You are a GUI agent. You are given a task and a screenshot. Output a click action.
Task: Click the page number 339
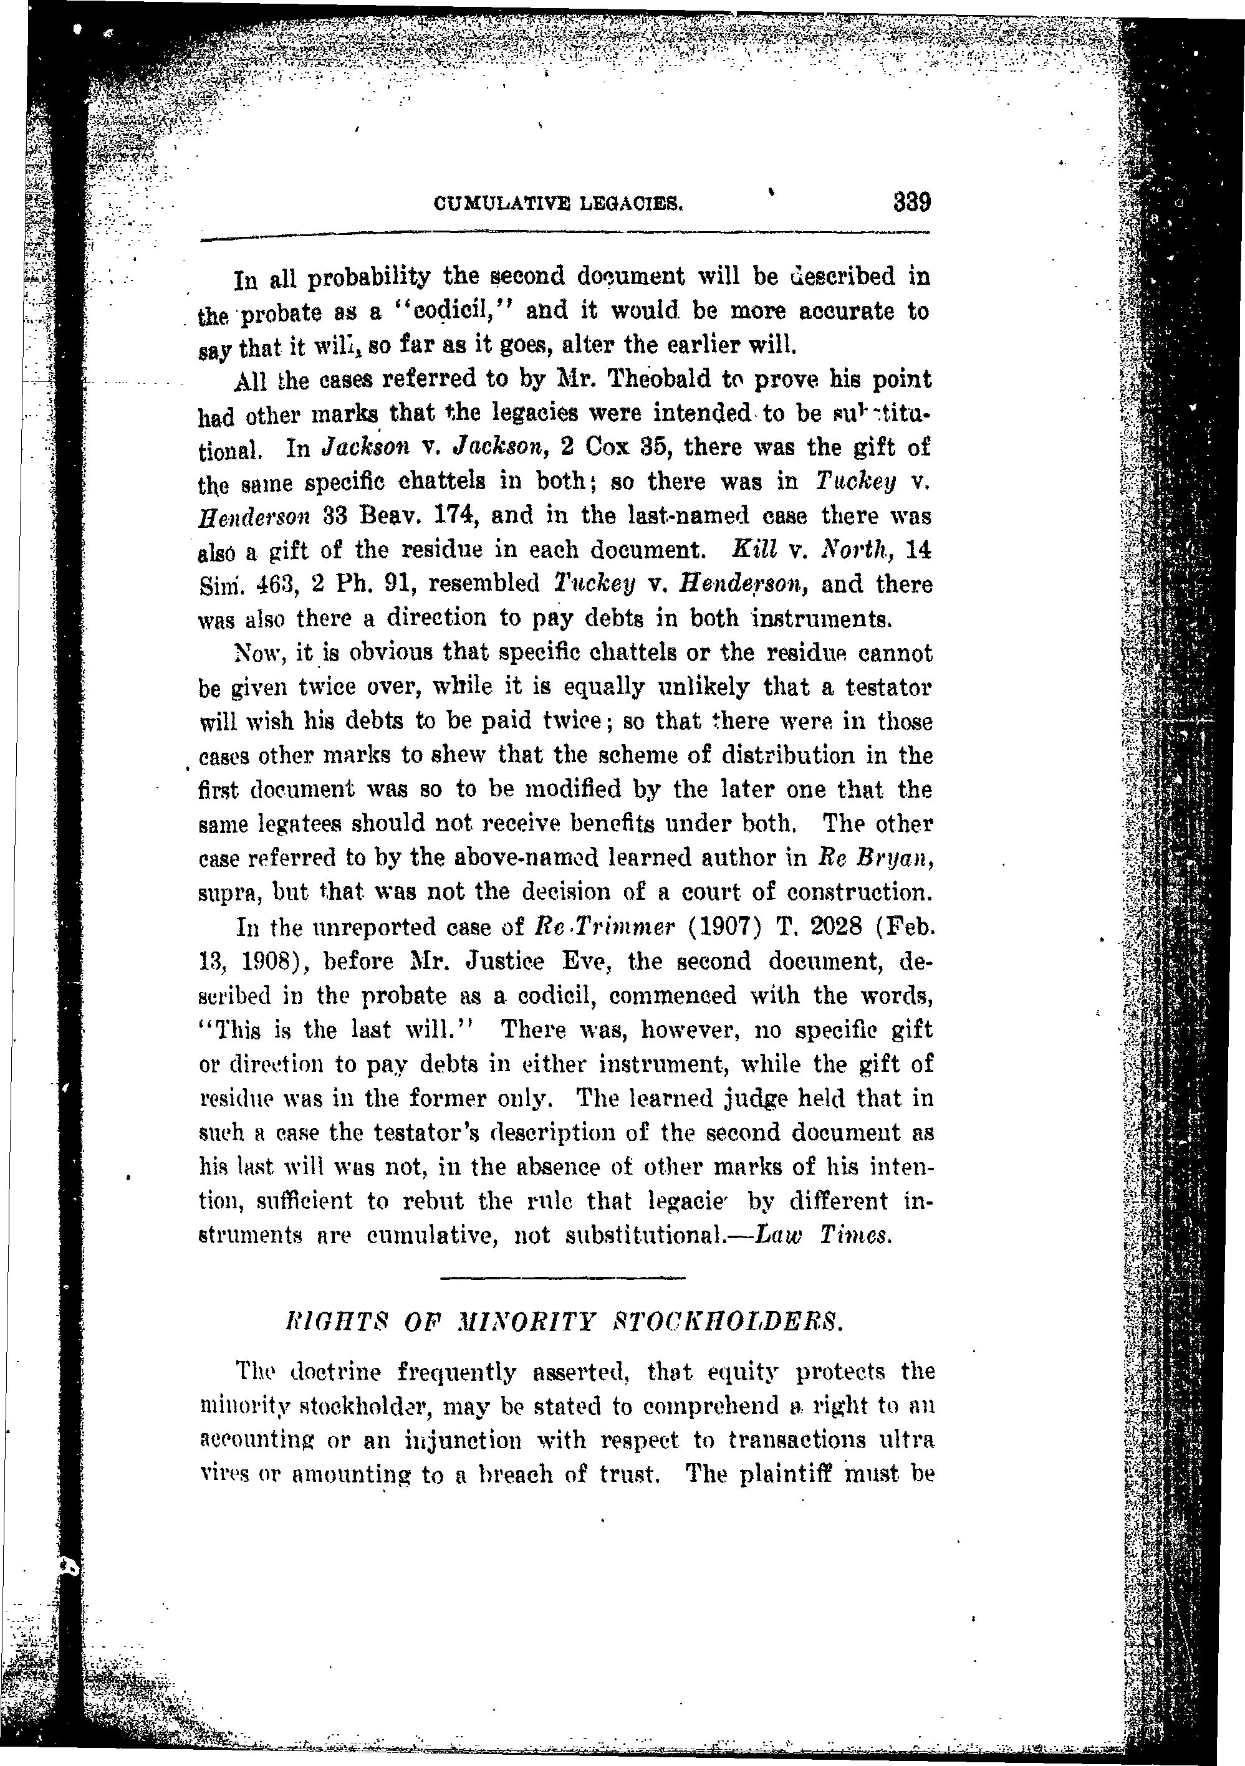click(x=912, y=203)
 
